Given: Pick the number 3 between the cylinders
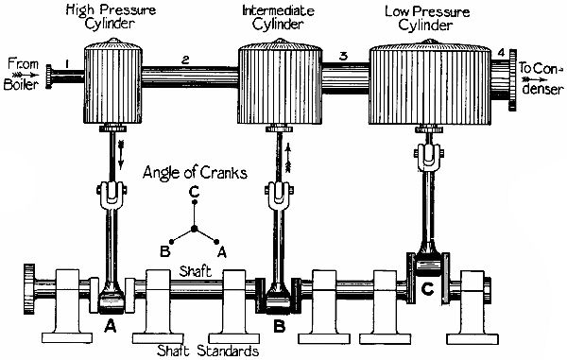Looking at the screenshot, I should [x=343, y=57].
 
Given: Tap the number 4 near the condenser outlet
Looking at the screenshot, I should [x=502, y=64].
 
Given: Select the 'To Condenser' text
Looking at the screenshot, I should [x=540, y=74].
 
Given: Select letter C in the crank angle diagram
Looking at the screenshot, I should [x=193, y=194].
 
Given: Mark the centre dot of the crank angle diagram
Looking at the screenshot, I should [x=193, y=228].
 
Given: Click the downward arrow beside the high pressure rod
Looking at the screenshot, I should [x=121, y=149].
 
